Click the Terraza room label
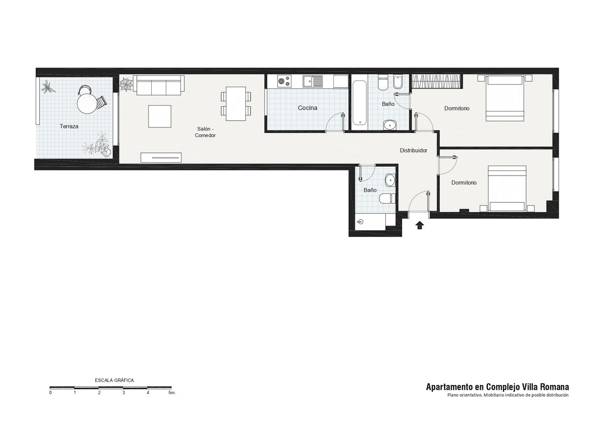69,126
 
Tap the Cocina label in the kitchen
307,108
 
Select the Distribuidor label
414,150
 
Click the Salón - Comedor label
205,132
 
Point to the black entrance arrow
419,225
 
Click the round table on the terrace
87,104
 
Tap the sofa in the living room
159,85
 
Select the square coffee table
160,117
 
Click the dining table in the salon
236,104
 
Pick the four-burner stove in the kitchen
284,81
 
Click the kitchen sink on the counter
313,81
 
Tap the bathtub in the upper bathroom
359,103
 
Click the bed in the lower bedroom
507,188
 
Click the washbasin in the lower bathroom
390,180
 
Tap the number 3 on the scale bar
123,393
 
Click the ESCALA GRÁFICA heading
114,380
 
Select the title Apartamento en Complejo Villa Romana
497,387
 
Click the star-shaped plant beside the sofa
126,85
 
